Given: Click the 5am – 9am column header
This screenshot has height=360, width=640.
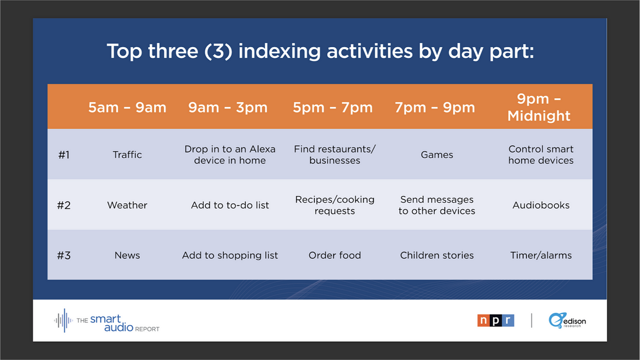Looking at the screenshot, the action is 127,108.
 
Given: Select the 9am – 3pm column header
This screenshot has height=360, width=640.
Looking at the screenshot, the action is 228,108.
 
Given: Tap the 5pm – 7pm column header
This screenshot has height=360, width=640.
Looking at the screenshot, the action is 333,108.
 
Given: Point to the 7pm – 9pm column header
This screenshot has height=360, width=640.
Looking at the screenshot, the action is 435,108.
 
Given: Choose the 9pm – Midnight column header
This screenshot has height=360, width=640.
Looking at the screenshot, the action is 539,108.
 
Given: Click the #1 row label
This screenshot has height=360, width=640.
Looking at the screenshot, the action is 63,155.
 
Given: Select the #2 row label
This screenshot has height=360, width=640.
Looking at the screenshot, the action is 63,205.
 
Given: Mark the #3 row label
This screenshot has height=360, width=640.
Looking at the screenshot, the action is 63,256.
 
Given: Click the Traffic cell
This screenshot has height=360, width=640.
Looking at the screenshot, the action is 127,155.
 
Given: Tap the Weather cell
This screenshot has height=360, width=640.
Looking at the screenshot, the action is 127,205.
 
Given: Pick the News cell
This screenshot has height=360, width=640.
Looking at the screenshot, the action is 127,255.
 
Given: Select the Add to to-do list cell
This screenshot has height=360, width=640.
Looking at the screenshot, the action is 230,205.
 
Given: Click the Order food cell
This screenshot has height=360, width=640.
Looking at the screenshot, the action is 334,255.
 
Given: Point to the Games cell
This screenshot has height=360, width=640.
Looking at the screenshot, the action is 437,155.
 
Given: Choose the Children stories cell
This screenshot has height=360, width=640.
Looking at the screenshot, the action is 437,255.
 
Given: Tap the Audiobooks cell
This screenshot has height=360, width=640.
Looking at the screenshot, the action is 541,205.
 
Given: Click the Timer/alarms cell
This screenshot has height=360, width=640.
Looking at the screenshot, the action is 541,255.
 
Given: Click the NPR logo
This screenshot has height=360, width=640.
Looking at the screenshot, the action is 496,320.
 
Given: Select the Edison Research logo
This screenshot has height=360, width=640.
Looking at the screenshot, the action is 567,321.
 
